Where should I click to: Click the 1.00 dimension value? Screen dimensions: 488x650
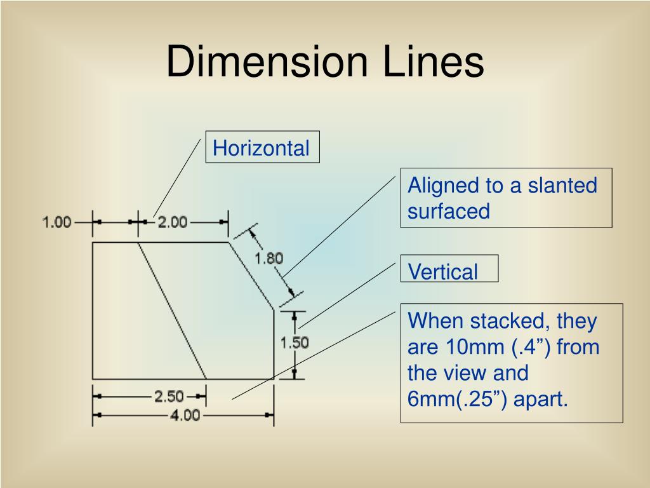(56, 222)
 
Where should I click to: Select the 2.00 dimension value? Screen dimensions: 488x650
(172, 222)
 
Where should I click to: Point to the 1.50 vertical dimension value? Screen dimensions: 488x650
(295, 342)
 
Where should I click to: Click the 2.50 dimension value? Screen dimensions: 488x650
(169, 396)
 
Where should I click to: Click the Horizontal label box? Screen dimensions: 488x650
(262, 149)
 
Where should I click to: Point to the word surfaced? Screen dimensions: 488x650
(449, 211)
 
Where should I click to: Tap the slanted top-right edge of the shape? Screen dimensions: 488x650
(251, 276)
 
